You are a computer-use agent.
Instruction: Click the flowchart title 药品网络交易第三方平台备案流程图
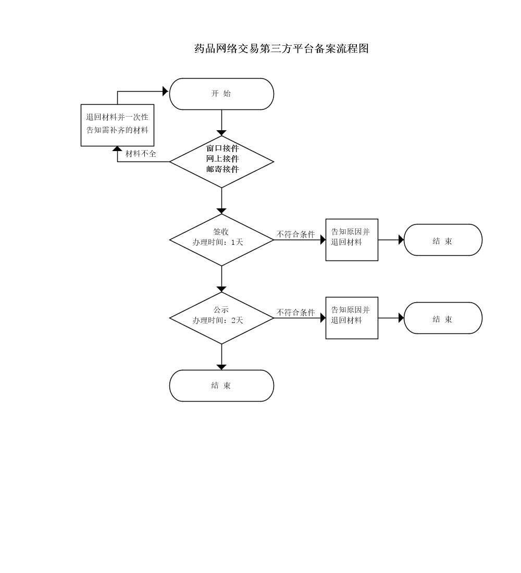pyautogui.click(x=281, y=49)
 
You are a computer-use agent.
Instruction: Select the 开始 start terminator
pyautogui.click(x=221, y=94)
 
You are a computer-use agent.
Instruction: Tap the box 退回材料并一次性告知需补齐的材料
pyautogui.click(x=117, y=124)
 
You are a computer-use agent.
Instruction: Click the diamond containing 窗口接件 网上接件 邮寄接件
pyautogui.click(x=221, y=161)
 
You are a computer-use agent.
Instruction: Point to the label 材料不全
pyautogui.click(x=141, y=154)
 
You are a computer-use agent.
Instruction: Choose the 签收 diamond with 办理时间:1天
pyautogui.click(x=221, y=240)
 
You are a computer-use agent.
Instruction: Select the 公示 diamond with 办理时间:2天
pyautogui.click(x=221, y=318)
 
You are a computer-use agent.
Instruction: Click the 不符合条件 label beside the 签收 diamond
pyautogui.click(x=296, y=234)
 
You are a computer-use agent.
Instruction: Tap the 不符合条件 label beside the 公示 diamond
pyautogui.click(x=296, y=313)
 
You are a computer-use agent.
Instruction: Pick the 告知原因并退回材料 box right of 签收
pyautogui.click(x=352, y=240)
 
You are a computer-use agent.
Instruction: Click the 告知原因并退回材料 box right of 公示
pyautogui.click(x=352, y=318)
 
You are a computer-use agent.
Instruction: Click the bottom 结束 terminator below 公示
pyautogui.click(x=221, y=385)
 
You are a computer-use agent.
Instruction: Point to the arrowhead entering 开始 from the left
pyautogui.click(x=166, y=91)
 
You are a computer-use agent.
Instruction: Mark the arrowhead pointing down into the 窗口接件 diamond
pyautogui.click(x=221, y=132)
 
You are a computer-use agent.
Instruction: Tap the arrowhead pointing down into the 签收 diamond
pyautogui.click(x=221, y=210)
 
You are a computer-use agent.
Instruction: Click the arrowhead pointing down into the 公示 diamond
pyautogui.click(x=221, y=289)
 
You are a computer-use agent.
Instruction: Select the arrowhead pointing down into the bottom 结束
pyautogui.click(x=221, y=367)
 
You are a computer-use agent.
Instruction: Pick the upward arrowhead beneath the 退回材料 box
pyautogui.click(x=117, y=150)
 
